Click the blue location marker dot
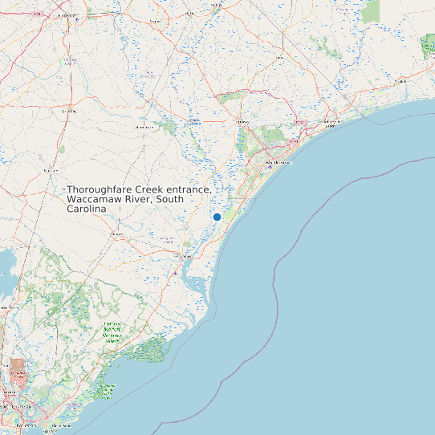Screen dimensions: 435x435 [x=217, y=217]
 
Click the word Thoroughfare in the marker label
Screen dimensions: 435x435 [x=100, y=189]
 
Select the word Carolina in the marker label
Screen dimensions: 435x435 [x=87, y=209]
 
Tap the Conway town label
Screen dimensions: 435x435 [x=242, y=122]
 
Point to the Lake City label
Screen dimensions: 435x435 [x=67, y=111]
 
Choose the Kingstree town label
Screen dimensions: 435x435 [x=51, y=170]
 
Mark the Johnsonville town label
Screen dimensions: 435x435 [x=145, y=127]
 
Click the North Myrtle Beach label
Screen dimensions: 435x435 [x=329, y=124]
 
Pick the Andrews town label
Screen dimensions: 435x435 [x=117, y=234]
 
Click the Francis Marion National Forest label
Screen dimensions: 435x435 [x=112, y=331]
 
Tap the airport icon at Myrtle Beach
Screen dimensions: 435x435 [x=270, y=166]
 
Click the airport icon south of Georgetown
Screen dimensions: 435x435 [x=176, y=274]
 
